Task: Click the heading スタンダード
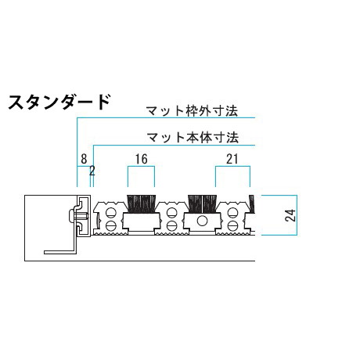point(59,103)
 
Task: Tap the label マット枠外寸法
point(192,111)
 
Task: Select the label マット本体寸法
point(193,138)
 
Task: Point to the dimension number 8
point(84,159)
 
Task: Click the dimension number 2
point(92,171)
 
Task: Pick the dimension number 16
point(141,159)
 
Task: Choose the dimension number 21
point(232,159)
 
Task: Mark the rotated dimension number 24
point(290,215)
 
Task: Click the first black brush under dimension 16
point(141,203)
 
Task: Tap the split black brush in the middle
point(202,203)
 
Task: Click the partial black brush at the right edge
point(252,203)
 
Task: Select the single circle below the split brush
point(202,221)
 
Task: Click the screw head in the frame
point(72,215)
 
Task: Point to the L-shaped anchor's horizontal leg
point(59,252)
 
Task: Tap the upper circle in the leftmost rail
point(110,213)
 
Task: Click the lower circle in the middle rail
point(171,225)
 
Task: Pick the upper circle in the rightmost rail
point(232,213)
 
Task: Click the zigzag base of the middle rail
point(171,232)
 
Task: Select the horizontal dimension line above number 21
point(232,166)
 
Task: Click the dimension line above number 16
point(141,166)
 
